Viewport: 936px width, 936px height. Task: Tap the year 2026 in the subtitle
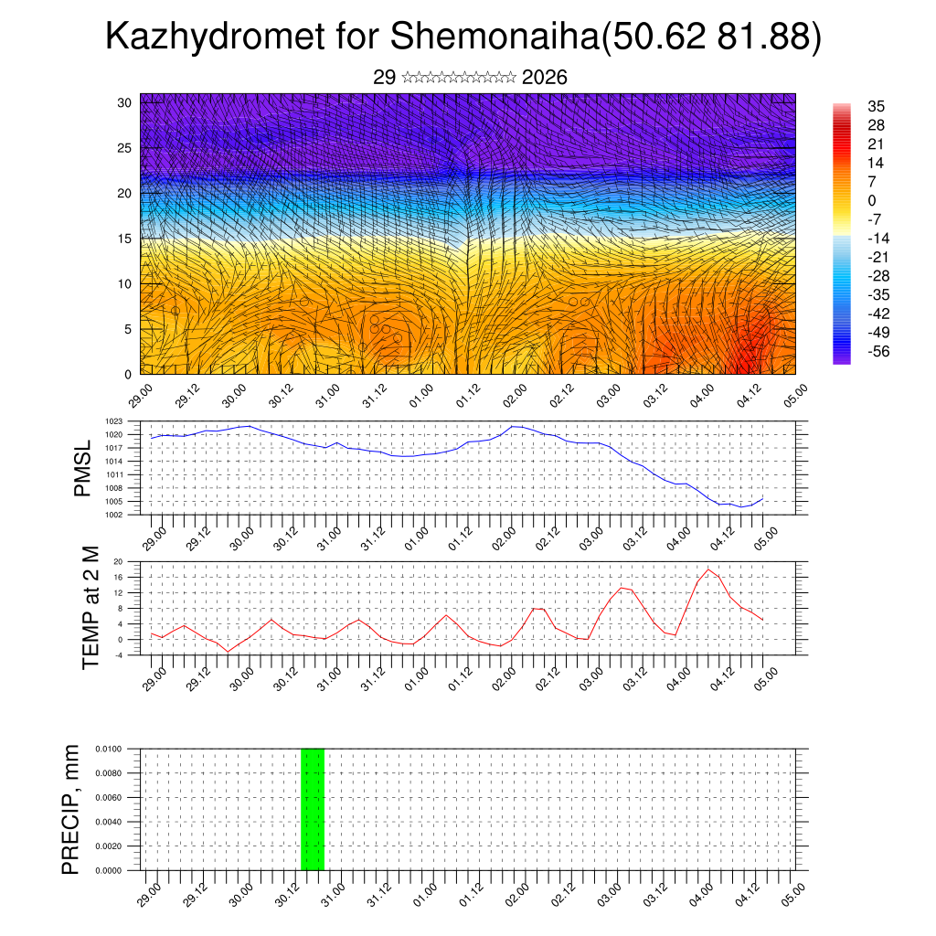tap(544, 78)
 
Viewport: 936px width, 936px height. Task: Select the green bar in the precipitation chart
tap(313, 809)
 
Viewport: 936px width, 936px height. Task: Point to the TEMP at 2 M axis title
tap(90, 608)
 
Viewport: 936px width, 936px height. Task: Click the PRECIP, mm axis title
tap(71, 809)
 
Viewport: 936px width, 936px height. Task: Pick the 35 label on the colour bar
tap(876, 107)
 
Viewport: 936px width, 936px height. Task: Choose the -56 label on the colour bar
tap(879, 351)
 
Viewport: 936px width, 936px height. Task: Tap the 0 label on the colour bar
tap(872, 200)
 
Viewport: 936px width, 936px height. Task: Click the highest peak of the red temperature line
tap(708, 569)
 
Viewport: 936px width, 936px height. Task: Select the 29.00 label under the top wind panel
tap(141, 395)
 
